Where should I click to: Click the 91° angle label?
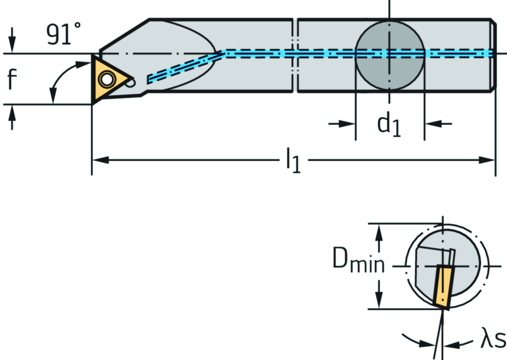click(x=63, y=35)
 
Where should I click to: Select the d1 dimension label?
click(x=389, y=125)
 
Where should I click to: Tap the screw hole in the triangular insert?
click(x=105, y=78)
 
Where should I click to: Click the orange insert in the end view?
click(x=442, y=286)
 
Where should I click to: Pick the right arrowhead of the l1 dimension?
click(x=488, y=159)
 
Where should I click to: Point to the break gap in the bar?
click(x=295, y=55)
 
